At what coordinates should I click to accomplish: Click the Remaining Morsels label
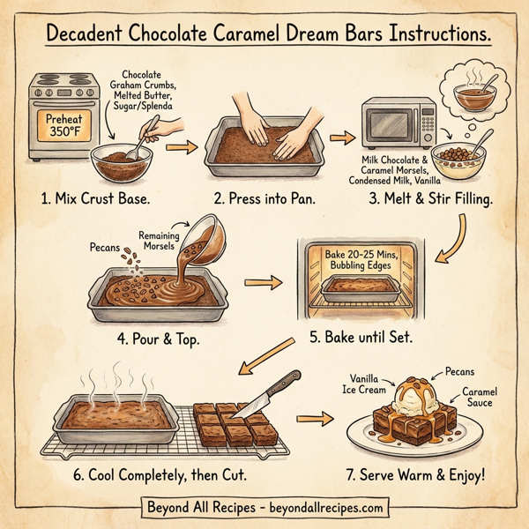159,240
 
